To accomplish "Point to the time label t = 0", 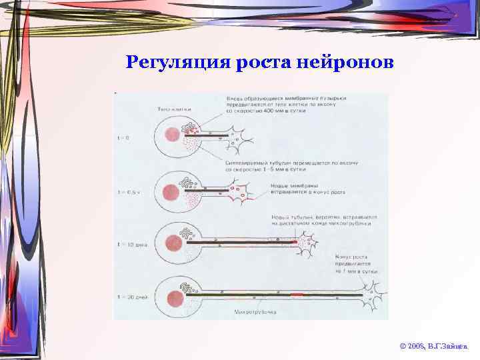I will point(124,138).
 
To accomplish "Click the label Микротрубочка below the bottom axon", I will point(253,311).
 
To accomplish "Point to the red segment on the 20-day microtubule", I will point(297,294).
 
